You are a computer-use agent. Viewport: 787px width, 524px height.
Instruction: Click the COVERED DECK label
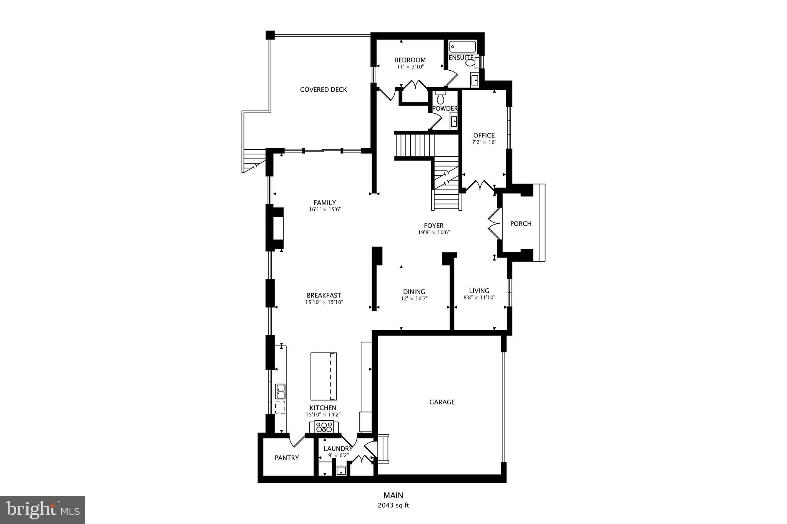323,90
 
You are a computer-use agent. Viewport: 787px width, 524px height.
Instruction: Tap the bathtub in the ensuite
463,47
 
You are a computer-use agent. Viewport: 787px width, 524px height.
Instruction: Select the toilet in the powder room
440,99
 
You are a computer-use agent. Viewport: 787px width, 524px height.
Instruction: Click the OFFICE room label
484,136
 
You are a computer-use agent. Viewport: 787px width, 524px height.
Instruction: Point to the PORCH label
521,224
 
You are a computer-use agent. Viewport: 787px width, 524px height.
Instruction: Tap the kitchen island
324,376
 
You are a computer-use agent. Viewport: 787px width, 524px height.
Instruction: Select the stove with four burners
324,426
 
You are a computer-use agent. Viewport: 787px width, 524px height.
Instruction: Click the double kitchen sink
281,391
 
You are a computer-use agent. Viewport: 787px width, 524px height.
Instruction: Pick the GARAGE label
442,402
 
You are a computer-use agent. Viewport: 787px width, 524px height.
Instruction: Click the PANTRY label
287,458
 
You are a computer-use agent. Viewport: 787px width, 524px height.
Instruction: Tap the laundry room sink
341,471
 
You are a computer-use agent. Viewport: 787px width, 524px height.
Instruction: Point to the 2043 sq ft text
393,505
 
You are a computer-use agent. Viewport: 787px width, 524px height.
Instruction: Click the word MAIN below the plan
393,496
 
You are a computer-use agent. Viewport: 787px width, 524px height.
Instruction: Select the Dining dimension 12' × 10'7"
414,298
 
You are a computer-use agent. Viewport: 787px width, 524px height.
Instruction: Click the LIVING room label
479,291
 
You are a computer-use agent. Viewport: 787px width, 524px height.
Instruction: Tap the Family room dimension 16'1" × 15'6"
325,210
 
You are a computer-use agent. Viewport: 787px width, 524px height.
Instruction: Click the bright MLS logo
43,510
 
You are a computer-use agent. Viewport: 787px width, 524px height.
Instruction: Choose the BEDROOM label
410,60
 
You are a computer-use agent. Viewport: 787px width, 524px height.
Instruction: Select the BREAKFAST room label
324,296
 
